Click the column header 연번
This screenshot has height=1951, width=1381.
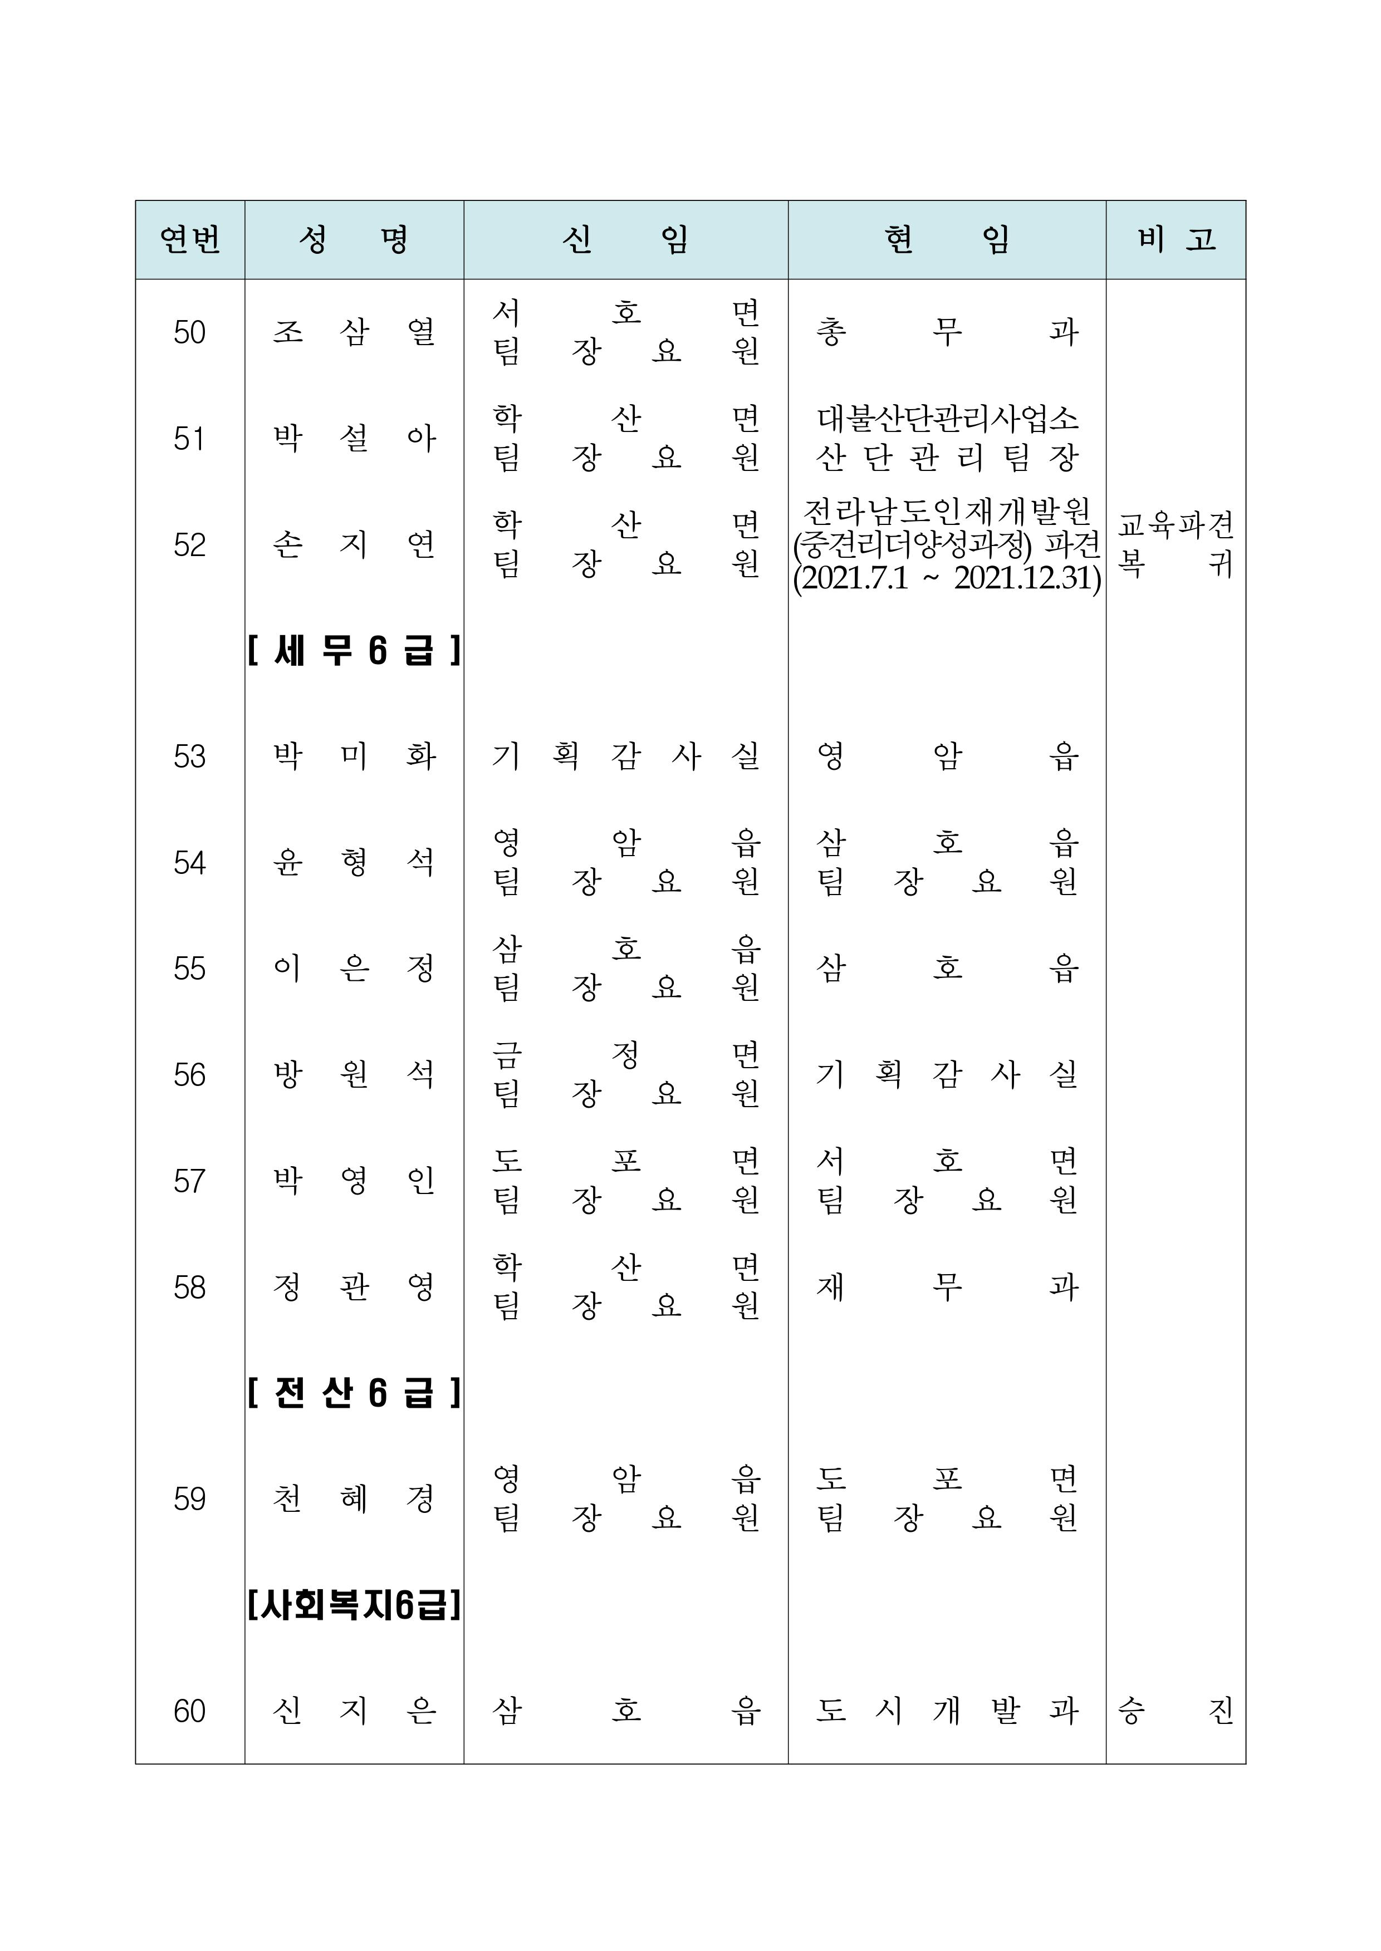pyautogui.click(x=190, y=240)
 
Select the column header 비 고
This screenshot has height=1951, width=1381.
pyautogui.click(x=1176, y=240)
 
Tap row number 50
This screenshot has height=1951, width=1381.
pyautogui.click(x=190, y=332)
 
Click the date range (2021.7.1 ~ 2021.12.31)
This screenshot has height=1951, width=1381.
pyautogui.click(x=947, y=578)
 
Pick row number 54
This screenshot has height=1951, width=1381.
pyautogui.click(x=190, y=863)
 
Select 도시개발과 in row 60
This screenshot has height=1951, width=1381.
pyautogui.click(x=947, y=1711)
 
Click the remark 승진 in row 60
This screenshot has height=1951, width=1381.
pyautogui.click(x=1176, y=1711)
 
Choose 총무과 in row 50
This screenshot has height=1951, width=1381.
pyautogui.click(x=947, y=332)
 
